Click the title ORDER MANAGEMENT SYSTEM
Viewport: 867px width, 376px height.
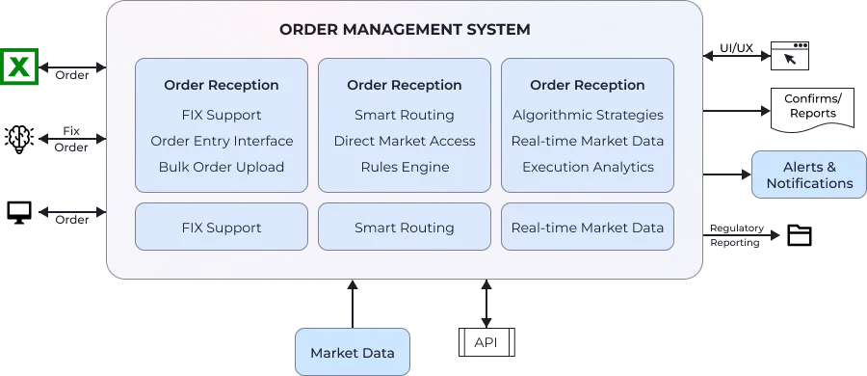tap(405, 29)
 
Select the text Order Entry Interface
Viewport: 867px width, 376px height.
tap(222, 141)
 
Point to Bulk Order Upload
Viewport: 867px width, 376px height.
tap(222, 167)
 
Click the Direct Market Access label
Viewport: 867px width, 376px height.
tap(405, 141)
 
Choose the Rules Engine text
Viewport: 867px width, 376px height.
tap(405, 167)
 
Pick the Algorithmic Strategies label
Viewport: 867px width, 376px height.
tap(588, 115)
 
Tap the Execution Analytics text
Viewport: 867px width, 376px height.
tap(588, 167)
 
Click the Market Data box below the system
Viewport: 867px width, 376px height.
tap(352, 352)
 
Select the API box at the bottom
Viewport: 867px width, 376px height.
tap(485, 342)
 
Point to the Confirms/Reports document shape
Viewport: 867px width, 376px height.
tap(812, 107)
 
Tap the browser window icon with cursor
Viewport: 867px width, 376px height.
tap(789, 55)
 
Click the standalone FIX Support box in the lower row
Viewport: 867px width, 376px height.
tap(222, 228)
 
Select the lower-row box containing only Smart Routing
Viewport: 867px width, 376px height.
tap(405, 228)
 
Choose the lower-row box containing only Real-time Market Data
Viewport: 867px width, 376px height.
tap(588, 228)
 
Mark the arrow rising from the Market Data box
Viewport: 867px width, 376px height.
tap(353, 304)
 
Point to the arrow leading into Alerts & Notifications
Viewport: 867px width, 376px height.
tap(729, 175)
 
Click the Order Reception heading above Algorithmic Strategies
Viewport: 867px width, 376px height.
tap(588, 85)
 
